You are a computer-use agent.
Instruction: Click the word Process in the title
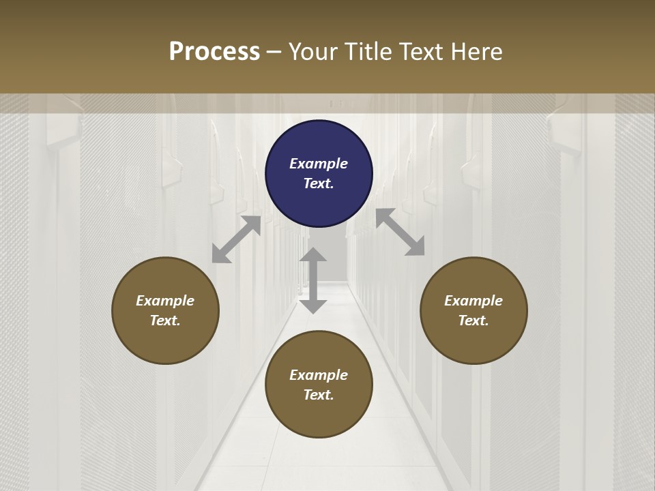214,52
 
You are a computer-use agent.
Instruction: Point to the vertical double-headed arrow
313,280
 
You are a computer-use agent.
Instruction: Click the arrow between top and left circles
236,239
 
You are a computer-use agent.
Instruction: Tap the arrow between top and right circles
401,232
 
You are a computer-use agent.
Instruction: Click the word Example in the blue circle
319,164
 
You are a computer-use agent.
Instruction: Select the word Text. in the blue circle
319,183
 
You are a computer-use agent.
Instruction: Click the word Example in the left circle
165,301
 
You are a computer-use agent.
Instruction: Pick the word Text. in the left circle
165,321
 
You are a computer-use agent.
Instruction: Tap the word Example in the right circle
474,301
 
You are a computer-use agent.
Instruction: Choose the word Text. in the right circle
474,321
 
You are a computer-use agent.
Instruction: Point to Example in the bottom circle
319,375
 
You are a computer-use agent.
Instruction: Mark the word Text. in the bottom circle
319,395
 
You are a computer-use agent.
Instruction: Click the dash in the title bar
274,53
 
